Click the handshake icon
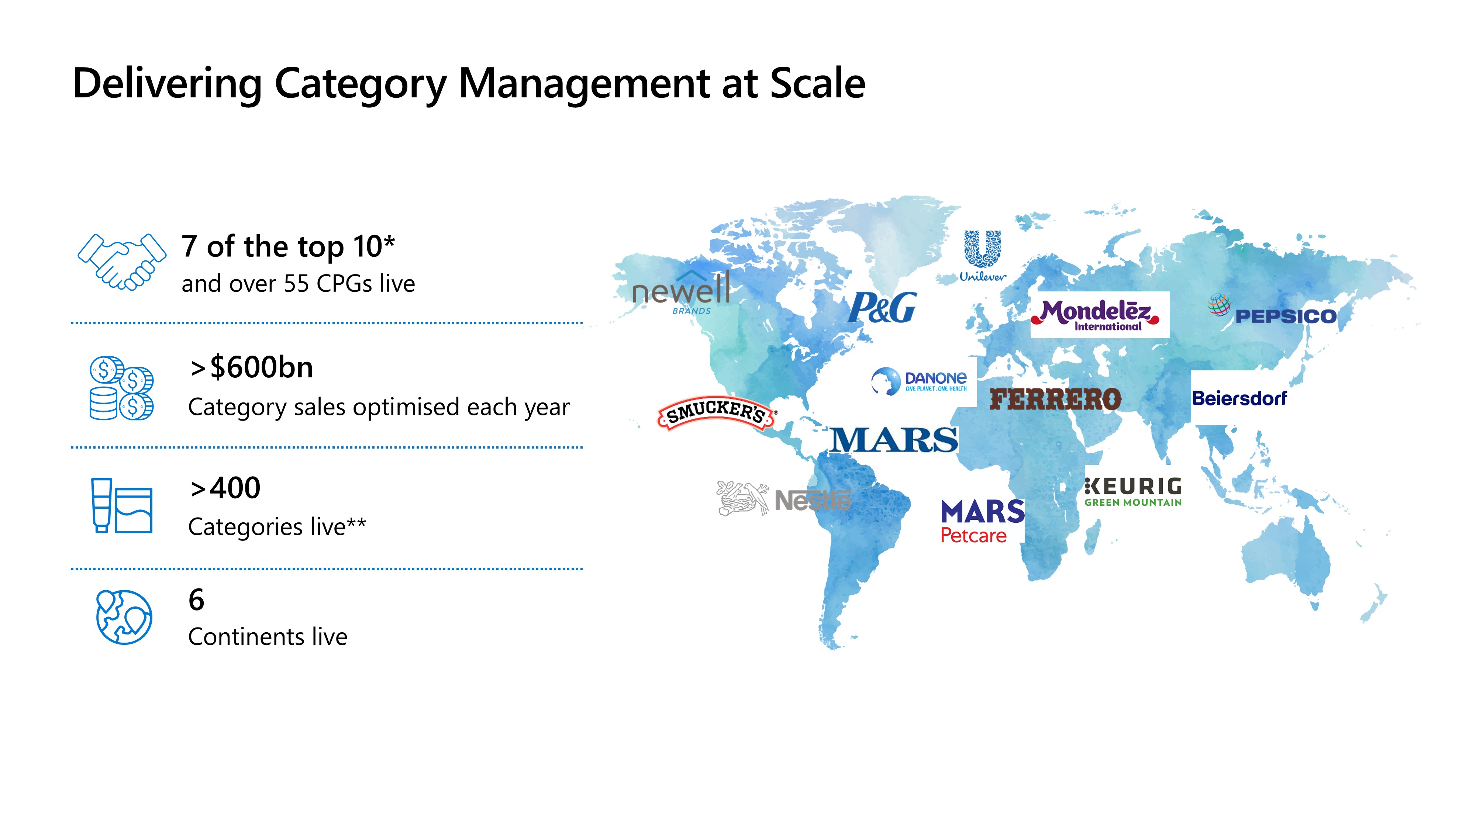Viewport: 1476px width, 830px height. coord(122,262)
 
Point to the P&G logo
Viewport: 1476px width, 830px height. coord(882,308)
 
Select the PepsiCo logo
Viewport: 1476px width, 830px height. coord(1272,310)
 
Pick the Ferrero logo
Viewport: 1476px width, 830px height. coord(1055,399)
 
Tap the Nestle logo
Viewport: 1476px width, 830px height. coord(784,498)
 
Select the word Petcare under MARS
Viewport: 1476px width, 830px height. coord(973,536)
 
